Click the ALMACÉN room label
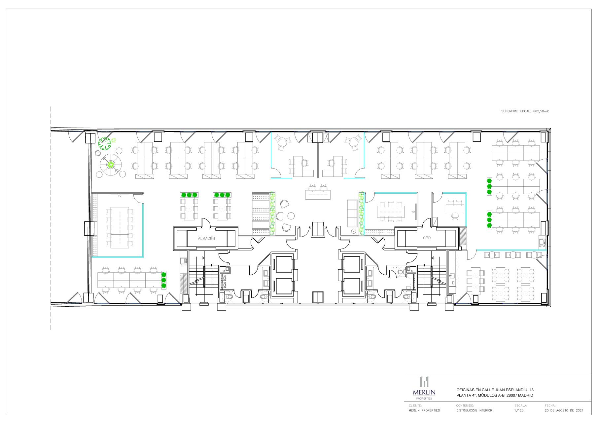point(206,238)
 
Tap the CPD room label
point(427,238)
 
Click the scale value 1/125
point(519,410)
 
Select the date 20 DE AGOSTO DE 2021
point(564,410)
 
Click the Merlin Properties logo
point(424,388)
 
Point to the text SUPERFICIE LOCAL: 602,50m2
point(525,111)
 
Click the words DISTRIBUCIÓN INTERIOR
point(474,410)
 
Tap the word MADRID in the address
point(525,395)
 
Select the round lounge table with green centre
point(111,164)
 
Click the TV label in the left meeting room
point(120,196)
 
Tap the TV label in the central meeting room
point(413,212)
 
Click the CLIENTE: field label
point(415,405)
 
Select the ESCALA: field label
point(521,405)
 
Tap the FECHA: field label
point(550,405)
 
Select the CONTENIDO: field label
point(465,405)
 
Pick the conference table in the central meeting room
point(391,210)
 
